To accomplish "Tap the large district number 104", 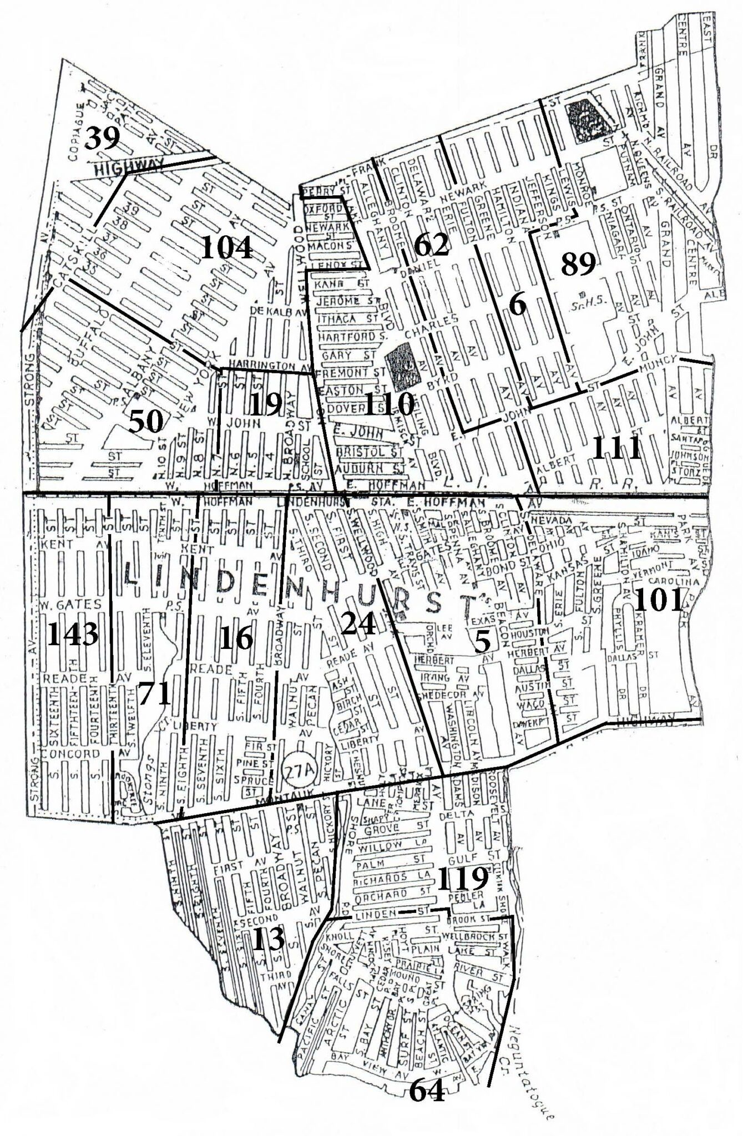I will point(226,247).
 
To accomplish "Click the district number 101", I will point(658,600).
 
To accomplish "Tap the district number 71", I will point(154,693).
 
